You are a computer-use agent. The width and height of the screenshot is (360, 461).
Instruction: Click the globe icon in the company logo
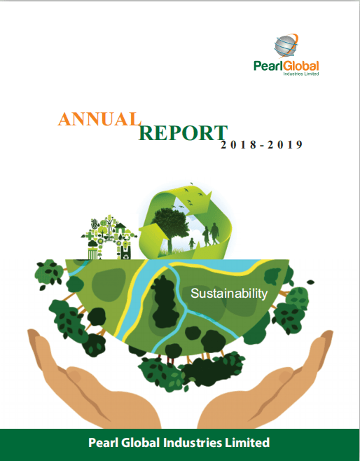pos(286,46)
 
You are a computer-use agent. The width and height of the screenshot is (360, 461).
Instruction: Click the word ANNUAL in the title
pos(99,119)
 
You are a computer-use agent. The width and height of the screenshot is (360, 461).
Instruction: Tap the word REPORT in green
pos(183,133)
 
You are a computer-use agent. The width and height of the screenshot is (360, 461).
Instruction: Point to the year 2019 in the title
pos(285,144)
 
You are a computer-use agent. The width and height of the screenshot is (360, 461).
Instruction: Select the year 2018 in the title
pos(238,144)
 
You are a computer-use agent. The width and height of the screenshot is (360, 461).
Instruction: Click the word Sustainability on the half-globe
pos(229,294)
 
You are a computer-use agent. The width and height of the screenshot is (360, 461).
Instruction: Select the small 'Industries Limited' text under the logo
pos(301,74)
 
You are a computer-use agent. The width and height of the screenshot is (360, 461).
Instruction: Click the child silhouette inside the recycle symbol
pos(192,243)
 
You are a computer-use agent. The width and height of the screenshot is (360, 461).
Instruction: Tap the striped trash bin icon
pos(92,253)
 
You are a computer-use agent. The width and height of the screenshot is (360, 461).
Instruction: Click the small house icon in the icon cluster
pos(120,227)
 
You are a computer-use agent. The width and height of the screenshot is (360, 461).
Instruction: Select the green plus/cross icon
pos(90,235)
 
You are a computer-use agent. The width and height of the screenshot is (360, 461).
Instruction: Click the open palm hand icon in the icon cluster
pos(95,223)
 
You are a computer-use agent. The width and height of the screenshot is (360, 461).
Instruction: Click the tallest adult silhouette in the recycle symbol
pos(214,234)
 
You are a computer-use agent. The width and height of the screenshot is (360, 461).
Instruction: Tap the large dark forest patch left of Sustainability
pos(165,303)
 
